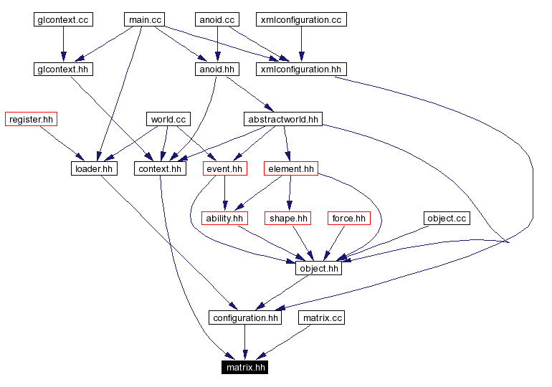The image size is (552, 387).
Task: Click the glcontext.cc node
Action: coord(63,20)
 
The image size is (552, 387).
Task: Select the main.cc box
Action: coord(146,20)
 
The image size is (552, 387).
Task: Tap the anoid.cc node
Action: coord(216,20)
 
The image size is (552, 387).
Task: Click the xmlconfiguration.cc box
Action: coord(301,20)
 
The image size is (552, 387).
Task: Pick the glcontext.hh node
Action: coord(63,70)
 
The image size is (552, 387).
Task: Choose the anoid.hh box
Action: coord(216,70)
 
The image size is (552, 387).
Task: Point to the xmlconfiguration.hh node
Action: coord(301,70)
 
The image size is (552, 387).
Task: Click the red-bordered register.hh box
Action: coord(31,119)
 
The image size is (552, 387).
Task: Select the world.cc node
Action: coord(168,119)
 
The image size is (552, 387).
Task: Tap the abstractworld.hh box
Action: coord(282,119)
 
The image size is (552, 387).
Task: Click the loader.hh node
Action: coord(94,169)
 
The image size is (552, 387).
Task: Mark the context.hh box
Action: coord(160,169)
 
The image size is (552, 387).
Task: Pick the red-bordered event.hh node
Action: coord(224,169)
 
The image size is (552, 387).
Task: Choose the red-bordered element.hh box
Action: coord(290,169)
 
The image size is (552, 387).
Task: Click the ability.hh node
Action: coord(224,218)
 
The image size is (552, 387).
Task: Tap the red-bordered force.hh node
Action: coord(348,218)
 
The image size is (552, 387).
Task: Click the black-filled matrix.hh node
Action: coord(246,368)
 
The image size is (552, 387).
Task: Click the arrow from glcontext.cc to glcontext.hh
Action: coord(63,44)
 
